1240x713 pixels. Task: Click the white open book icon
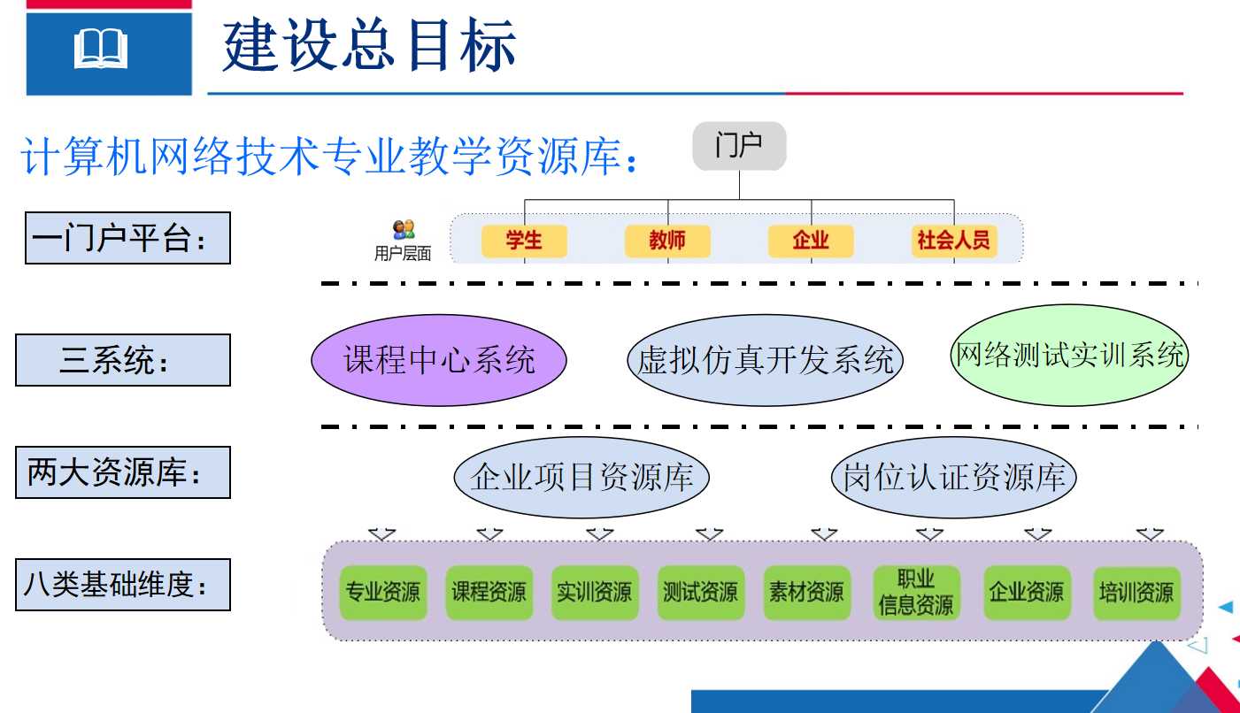click(x=101, y=49)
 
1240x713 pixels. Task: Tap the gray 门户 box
click(x=739, y=146)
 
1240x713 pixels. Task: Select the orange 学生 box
click(x=524, y=241)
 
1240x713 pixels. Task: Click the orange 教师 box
click(x=667, y=241)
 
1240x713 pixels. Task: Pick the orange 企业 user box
click(x=811, y=241)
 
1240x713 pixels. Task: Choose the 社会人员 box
click(x=954, y=241)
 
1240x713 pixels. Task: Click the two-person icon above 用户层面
click(x=404, y=229)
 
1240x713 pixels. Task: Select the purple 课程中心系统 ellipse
click(x=439, y=360)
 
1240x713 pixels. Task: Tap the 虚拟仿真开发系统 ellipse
click(x=765, y=360)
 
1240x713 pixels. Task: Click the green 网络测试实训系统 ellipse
click(x=1069, y=355)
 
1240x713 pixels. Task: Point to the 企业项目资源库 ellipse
click(x=581, y=477)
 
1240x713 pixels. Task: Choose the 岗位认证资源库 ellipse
click(x=954, y=477)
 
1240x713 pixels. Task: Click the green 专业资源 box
click(x=383, y=592)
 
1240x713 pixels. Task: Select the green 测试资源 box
click(x=701, y=592)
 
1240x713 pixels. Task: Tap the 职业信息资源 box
click(x=917, y=592)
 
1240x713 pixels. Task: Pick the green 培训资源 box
click(x=1137, y=592)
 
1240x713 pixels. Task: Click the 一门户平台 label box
click(x=127, y=238)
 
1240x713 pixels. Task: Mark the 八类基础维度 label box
click(x=123, y=585)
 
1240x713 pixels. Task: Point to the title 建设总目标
click(x=369, y=45)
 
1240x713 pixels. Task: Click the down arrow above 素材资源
click(x=824, y=533)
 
